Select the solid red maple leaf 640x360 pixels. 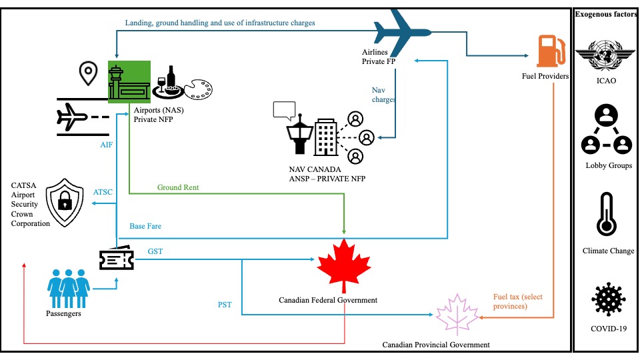pyautogui.click(x=344, y=265)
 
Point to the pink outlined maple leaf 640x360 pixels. pyautogui.click(x=457, y=313)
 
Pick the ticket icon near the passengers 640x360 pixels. pyautogui.click(x=116, y=259)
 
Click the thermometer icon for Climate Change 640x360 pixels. pyautogui.click(x=606, y=215)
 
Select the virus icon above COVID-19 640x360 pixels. pyautogui.click(x=607, y=299)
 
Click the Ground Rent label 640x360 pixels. pyautogui.click(x=178, y=187)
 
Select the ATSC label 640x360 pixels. pyautogui.click(x=103, y=192)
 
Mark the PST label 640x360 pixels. pyautogui.click(x=225, y=305)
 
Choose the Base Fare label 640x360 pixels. pyautogui.click(x=145, y=226)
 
